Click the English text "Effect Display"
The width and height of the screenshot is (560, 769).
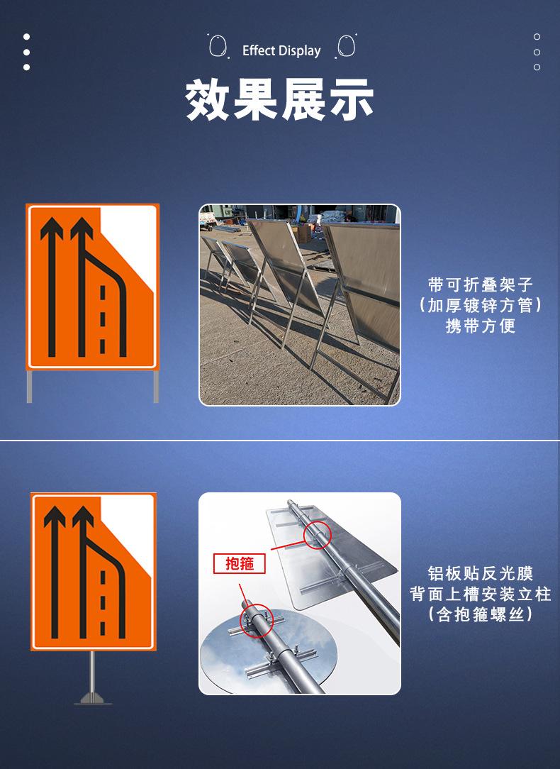(x=281, y=51)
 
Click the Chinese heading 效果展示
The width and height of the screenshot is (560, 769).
(x=280, y=99)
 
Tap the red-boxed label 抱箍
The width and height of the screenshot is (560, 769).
(x=240, y=563)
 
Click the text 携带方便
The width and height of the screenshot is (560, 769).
(x=481, y=326)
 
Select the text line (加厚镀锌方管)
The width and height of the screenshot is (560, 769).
(x=481, y=305)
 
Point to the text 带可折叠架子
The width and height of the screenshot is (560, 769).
(x=481, y=284)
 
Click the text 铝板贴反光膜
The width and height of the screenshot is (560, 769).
(x=481, y=573)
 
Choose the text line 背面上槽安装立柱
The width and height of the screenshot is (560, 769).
(x=481, y=594)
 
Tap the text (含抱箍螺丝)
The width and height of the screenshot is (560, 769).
(x=481, y=614)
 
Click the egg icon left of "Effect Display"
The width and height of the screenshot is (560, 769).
(x=218, y=46)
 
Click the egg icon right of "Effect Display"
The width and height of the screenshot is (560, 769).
(x=346, y=46)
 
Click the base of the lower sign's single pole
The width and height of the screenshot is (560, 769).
(x=93, y=699)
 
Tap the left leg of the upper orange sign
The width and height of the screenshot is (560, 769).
(x=29, y=387)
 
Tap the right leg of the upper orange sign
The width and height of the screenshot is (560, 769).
(x=156, y=387)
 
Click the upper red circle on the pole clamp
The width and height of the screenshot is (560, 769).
(x=318, y=534)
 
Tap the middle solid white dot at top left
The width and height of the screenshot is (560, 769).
(x=26, y=52)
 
